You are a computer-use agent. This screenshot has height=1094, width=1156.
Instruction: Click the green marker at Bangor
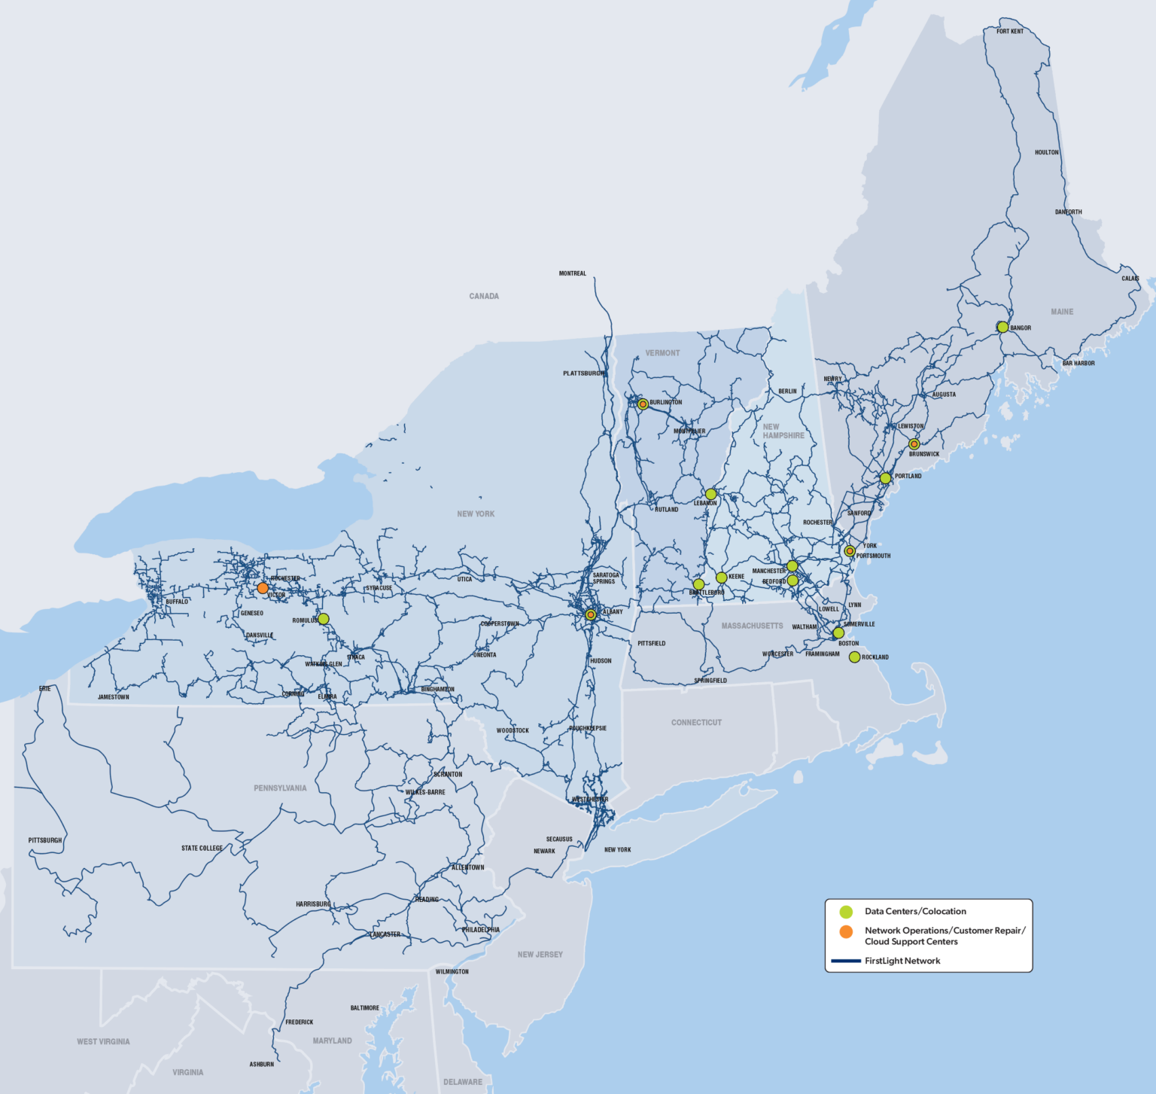tap(1002, 327)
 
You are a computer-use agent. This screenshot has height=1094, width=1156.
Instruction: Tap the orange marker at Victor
tap(263, 588)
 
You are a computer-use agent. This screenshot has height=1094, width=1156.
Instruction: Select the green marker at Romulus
tap(324, 619)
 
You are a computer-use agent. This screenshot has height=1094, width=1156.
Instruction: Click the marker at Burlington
tap(643, 404)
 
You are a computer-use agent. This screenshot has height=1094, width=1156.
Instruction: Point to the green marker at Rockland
tap(854, 657)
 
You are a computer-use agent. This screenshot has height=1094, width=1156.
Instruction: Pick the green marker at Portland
tap(885, 478)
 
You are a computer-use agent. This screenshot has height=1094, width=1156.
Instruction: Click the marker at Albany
tap(591, 614)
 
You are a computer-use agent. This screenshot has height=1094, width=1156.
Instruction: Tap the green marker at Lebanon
tap(710, 494)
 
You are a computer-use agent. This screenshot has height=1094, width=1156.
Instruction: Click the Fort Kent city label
tap(1009, 32)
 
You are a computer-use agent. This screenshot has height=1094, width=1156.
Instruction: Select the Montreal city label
tap(572, 274)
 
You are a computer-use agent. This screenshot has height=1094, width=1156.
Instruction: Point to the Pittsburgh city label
tap(45, 840)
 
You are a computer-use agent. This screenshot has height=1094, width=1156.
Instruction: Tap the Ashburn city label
tap(262, 1065)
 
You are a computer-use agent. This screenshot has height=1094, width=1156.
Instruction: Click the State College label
tap(202, 849)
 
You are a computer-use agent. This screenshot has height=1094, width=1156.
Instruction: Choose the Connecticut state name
tap(696, 723)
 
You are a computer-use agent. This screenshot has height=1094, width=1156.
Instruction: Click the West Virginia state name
tap(103, 1042)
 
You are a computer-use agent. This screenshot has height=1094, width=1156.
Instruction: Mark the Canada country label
tap(484, 297)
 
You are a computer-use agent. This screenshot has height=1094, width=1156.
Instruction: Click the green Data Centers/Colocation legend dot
tap(846, 912)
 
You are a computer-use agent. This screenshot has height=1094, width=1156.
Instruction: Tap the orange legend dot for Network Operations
tap(846, 932)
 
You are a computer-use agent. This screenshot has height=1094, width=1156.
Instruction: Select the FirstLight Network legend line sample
tap(845, 961)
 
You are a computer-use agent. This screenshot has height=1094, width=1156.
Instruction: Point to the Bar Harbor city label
tap(1078, 364)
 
